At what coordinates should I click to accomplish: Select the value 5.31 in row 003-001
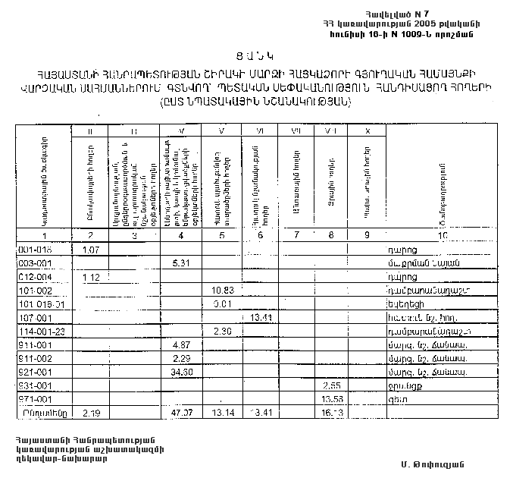point(180,263)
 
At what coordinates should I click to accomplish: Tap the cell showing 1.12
point(92,277)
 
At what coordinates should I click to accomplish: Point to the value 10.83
point(223,291)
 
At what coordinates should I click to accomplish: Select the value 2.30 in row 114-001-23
point(223,332)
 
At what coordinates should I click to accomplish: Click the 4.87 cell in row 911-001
point(180,344)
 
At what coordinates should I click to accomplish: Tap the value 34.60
point(180,372)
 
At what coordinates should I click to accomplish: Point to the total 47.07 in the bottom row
point(180,413)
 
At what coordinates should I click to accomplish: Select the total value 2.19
point(92,413)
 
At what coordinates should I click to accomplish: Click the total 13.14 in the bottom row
point(223,413)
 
